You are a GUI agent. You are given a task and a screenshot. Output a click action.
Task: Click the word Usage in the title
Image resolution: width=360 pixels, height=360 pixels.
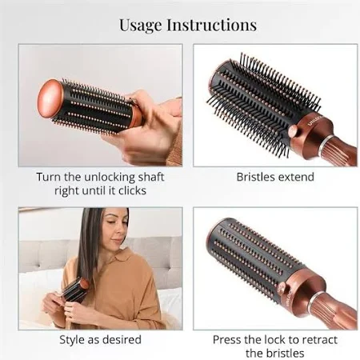[x=140, y=26]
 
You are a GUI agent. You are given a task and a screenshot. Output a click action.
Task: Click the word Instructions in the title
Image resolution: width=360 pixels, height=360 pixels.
[x=212, y=25]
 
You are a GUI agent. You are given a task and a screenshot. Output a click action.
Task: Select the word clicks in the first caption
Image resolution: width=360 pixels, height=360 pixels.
[x=132, y=190]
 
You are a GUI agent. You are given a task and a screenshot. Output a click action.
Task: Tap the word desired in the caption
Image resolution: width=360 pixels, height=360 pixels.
[x=122, y=340]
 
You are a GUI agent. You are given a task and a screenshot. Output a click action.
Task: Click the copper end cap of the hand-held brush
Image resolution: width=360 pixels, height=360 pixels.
[x=50, y=98]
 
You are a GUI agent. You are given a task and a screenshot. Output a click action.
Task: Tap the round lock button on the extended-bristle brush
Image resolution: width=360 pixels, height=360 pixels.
[x=294, y=130]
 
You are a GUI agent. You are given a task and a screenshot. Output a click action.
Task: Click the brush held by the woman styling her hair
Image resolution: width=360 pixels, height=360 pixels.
[x=75, y=290]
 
